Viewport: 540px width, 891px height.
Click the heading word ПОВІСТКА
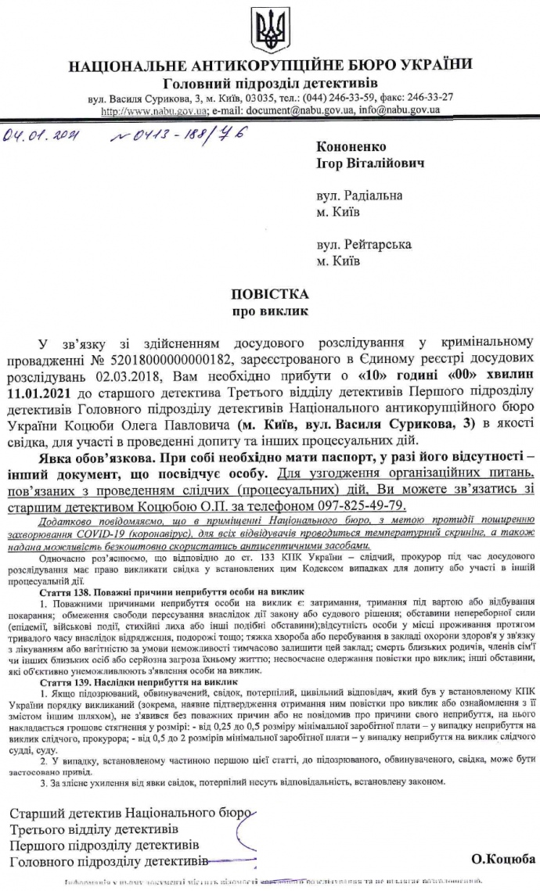(270, 295)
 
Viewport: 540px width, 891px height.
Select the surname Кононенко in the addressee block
(352, 146)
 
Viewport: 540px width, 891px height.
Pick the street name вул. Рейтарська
(364, 245)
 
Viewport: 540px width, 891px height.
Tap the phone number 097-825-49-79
(365, 484)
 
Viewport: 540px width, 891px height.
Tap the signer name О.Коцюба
(499, 859)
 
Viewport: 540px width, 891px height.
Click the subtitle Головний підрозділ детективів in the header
(270, 83)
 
